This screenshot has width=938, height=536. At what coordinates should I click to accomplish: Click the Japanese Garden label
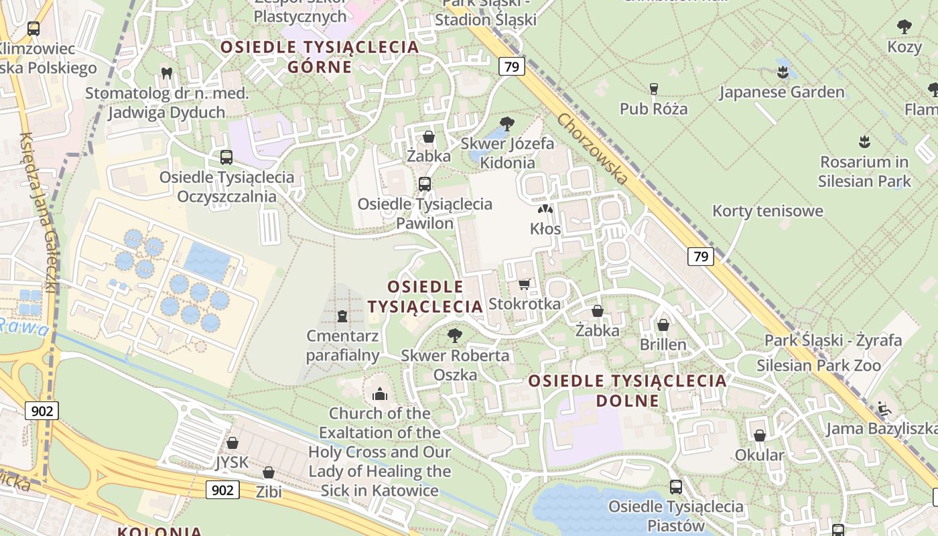click(x=782, y=92)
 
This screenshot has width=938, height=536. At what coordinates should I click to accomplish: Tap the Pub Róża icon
click(x=654, y=89)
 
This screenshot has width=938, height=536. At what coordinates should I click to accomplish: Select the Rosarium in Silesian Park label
click(x=864, y=172)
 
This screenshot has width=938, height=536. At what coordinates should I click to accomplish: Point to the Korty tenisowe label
click(x=767, y=211)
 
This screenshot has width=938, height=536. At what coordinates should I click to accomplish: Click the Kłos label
click(x=545, y=228)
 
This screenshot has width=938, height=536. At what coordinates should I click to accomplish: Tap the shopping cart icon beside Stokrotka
click(x=525, y=284)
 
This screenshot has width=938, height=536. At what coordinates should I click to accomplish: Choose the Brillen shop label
click(x=663, y=344)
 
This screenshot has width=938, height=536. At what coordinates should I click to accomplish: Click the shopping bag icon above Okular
click(x=760, y=436)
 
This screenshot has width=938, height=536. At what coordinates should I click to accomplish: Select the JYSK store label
click(x=232, y=462)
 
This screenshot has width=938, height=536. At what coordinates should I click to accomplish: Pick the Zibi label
click(x=269, y=492)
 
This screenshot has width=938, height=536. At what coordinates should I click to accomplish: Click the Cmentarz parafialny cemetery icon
click(x=342, y=316)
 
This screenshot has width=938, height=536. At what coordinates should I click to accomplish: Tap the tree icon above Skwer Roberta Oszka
click(x=455, y=336)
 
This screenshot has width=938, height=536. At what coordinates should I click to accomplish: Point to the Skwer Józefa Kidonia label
click(x=507, y=153)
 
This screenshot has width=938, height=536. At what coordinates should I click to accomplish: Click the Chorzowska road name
click(x=593, y=149)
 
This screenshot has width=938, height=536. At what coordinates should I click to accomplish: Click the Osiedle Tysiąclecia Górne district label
click(x=320, y=56)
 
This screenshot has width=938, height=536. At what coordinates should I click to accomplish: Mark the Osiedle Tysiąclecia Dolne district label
click(x=627, y=391)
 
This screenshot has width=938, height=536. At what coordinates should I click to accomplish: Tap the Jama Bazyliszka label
click(x=881, y=428)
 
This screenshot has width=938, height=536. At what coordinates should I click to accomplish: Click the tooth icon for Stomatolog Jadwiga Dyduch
click(x=167, y=72)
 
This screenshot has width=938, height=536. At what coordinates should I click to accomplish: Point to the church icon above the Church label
click(x=380, y=394)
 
